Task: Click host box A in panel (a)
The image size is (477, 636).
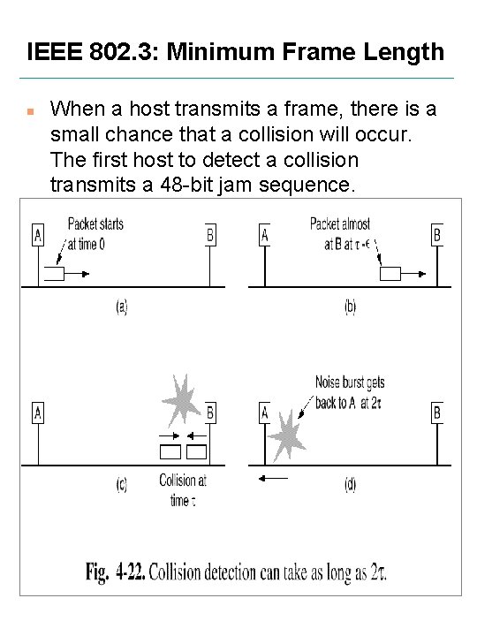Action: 37,235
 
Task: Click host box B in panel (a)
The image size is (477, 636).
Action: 209,235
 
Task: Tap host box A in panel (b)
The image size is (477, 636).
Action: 264,235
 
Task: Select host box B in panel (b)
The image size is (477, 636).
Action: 436,235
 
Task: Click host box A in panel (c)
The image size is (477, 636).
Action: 37,413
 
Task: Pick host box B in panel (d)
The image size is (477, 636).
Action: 436,413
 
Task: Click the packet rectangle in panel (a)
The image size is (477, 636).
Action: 55,275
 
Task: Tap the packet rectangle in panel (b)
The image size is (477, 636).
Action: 390,275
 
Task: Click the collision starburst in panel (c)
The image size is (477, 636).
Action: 180,399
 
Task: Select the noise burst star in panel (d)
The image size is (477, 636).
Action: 285,437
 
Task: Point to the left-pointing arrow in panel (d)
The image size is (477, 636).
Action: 274,477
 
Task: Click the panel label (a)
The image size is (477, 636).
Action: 122,307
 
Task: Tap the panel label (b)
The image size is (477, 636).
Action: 351,307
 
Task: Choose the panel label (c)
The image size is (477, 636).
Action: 122,485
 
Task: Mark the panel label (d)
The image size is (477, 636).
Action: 351,485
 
